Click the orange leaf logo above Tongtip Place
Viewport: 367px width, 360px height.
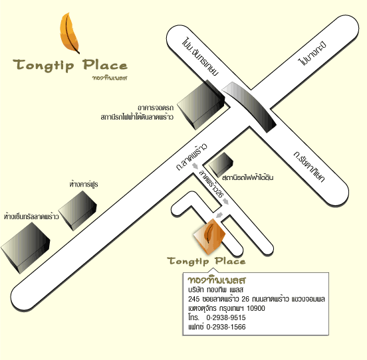(69, 33)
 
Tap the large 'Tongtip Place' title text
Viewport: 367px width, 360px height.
(70, 65)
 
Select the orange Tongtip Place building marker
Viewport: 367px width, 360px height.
(209, 236)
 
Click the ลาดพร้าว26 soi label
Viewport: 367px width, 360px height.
(211, 184)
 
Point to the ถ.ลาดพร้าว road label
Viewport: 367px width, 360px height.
(191, 157)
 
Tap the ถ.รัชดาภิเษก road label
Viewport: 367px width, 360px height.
(309, 167)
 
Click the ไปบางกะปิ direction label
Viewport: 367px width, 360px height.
(312, 53)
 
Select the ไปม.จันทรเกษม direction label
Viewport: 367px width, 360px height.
(200, 56)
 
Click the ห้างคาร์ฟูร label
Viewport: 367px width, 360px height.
(84, 184)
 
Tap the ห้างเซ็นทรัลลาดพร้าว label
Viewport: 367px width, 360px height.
(31, 217)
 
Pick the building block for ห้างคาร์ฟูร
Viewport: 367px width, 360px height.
(78, 211)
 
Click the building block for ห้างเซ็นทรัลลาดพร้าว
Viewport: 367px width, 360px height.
(25, 248)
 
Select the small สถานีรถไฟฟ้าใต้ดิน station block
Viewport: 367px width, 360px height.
(221, 165)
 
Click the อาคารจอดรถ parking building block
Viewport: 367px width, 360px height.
(201, 105)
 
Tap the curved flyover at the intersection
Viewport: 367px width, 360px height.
(249, 107)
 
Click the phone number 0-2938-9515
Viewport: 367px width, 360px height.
(226, 317)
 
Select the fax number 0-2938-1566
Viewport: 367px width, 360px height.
(226, 327)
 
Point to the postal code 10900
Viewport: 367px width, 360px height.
(256, 308)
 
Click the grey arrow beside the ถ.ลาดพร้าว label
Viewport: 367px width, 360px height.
(195, 166)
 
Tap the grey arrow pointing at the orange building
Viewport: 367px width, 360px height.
(219, 215)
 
